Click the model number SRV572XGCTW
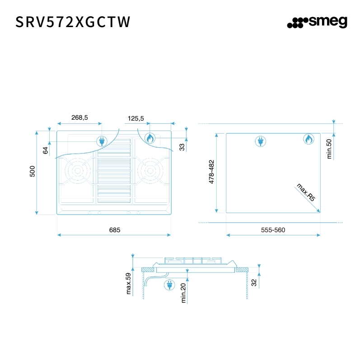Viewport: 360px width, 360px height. pos(73,22)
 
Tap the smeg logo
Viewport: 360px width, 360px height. pos(317,22)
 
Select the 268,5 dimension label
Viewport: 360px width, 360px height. pos(79,117)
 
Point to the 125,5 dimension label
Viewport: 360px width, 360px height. pos(136,118)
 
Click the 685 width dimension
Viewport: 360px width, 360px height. pos(114,230)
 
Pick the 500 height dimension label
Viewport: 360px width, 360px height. pos(32,172)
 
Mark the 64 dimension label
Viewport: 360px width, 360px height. pos(45,150)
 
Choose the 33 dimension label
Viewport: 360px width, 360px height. pos(182,147)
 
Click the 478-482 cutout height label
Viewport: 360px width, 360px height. pos(211,172)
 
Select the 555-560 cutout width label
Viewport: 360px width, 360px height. pos(273,230)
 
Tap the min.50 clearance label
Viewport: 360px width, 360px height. pos(329,148)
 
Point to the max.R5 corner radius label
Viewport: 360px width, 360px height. pos(306,192)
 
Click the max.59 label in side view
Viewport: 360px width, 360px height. pos(128,284)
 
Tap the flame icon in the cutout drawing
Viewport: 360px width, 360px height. pos(308,139)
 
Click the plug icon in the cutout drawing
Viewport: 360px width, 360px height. pos(260,141)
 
